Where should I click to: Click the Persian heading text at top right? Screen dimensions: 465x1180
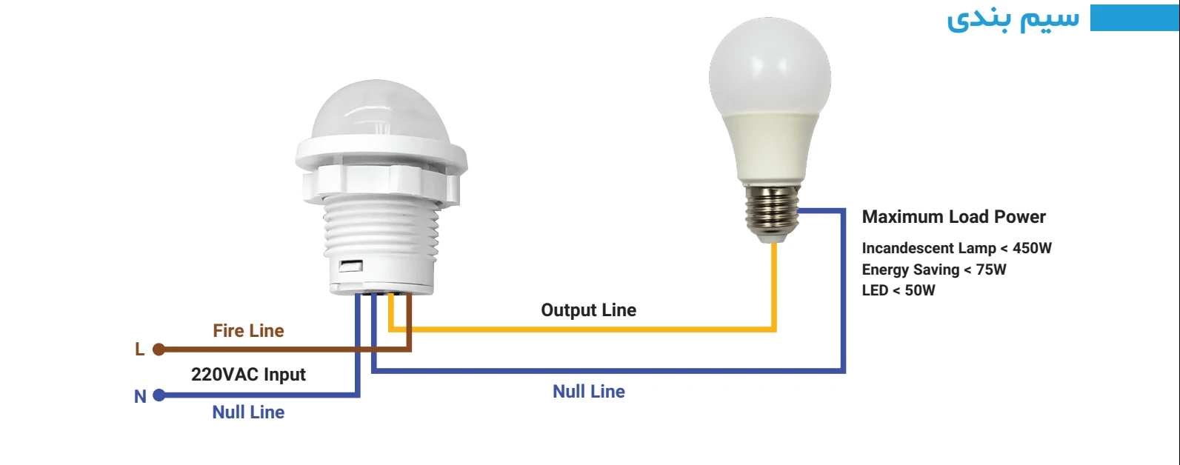click(1013, 19)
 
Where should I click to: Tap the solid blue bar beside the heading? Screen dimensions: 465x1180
click(1134, 18)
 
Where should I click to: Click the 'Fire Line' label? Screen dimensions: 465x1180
click(248, 331)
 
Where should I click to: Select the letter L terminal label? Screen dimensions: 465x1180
click(140, 349)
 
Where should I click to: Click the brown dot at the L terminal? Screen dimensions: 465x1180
click(159, 349)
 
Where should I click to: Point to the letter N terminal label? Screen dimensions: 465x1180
click(140, 397)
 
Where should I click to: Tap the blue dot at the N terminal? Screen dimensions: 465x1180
click(159, 396)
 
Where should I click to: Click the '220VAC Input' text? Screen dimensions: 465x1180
click(248, 375)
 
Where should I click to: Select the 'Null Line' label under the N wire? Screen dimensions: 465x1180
click(248, 412)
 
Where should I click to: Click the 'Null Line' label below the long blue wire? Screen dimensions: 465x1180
click(589, 392)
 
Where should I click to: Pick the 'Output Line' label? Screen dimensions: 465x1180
click(589, 310)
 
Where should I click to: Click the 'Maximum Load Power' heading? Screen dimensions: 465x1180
click(953, 217)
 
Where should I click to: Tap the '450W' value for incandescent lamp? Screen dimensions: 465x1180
click(1032, 248)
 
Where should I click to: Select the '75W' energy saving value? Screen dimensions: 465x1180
click(991, 270)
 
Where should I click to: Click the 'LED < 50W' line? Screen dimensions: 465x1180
click(899, 290)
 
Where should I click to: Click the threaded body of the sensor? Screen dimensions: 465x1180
click(381, 230)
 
